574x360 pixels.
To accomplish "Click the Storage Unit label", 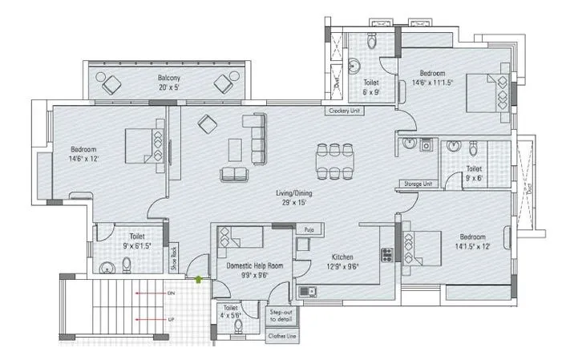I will click(418, 183).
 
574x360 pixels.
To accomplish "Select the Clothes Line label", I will click(283, 337).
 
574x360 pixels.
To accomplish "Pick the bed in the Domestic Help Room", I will click(238, 237).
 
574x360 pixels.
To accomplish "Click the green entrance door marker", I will click(200, 279).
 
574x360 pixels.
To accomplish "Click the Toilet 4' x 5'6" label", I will click(230, 312).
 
